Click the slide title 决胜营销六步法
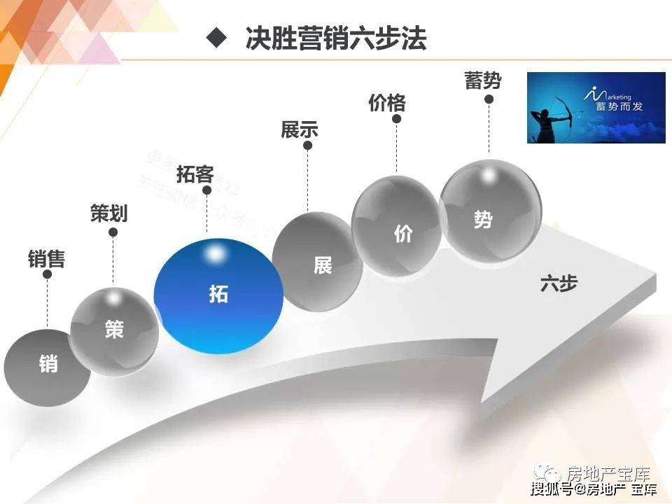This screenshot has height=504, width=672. tap(336, 39)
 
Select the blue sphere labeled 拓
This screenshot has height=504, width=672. tap(218, 295)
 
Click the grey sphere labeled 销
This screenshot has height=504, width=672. tap(47, 364)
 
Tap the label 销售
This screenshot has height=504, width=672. tap(46, 259)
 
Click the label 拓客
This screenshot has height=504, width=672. tap(195, 174)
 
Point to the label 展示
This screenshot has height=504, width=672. tap(300, 129)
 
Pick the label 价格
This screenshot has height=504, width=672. tap(387, 103)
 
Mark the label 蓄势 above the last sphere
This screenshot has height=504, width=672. tap(483, 80)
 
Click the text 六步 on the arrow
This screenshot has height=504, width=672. tap(559, 283)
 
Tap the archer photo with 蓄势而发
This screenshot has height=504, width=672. tap(596, 107)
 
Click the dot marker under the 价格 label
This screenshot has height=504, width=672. tap(396, 119)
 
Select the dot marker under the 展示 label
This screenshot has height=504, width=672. tap(307, 146)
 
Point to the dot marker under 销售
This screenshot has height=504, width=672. tap(48, 274)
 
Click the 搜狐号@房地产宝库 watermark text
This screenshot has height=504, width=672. tap(594, 488)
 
